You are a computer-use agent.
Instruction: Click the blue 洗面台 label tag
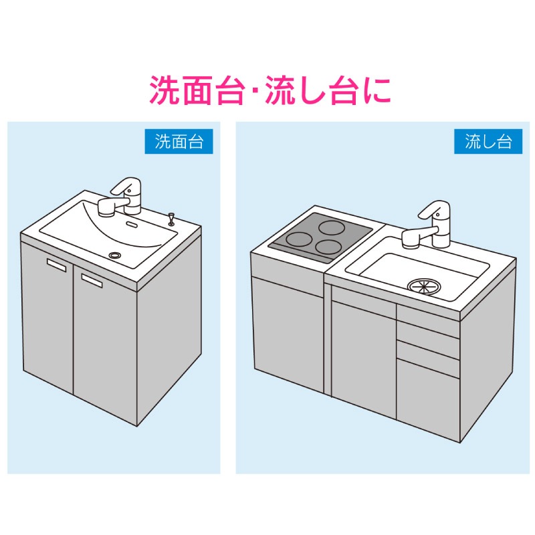[x=179, y=141]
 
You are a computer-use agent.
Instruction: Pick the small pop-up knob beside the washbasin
[x=171, y=218]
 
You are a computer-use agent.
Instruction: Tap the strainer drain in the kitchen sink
[x=425, y=286]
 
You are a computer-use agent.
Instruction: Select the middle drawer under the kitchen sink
[x=427, y=348]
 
